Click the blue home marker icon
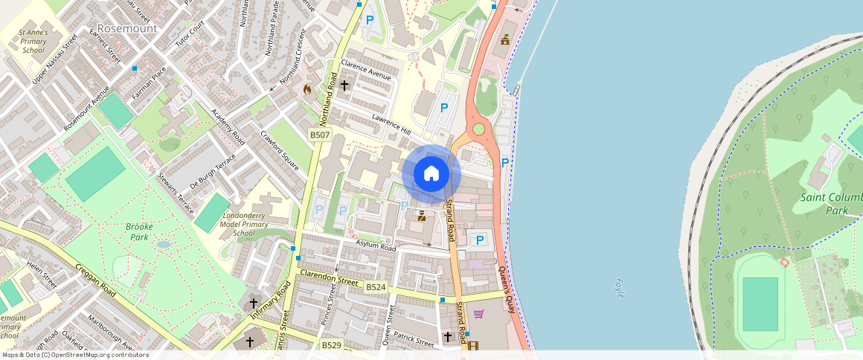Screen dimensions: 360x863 pos(431,174)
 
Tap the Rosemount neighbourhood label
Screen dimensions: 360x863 pos(127,28)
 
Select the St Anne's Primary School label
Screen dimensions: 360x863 pos(33,42)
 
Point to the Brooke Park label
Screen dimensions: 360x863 pos(139,231)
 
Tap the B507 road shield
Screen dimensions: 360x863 pos(319,135)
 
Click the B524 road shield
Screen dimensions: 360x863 pos(376,286)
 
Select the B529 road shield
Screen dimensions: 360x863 pos(332,345)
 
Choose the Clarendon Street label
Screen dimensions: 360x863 pos(328,278)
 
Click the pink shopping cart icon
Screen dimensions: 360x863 pos(479,314)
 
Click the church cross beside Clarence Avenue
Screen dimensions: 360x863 pos(344,86)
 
